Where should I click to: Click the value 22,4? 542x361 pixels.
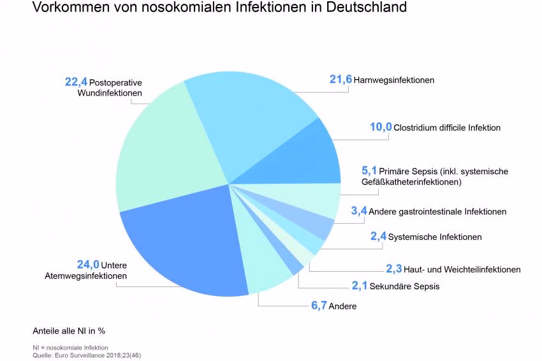76,82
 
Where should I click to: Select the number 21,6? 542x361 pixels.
341,80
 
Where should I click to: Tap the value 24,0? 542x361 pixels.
87,265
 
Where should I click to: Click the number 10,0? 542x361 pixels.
381,127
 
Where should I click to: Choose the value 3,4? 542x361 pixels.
358,211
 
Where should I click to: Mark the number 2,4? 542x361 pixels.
379,237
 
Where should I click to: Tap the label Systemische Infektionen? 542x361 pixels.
435,237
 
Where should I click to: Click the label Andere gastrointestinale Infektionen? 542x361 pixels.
437,212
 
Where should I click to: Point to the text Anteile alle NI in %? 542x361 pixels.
68,332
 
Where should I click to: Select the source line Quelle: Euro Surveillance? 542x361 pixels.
87,355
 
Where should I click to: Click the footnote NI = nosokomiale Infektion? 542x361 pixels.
70,348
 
